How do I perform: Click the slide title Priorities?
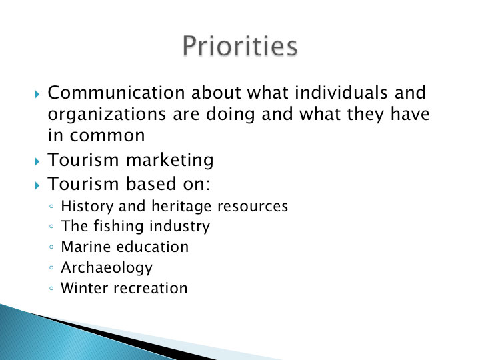240,46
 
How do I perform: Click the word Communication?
116,93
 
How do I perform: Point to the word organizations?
107,114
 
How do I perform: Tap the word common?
107,135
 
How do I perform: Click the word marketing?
169,160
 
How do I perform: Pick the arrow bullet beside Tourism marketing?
37,161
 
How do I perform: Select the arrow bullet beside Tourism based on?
37,185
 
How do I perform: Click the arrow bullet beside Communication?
37,94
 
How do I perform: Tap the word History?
87,206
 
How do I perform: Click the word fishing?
119,227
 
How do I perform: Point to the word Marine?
86,247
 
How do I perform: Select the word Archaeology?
107,268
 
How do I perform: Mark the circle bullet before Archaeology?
51,268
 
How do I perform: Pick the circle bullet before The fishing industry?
51,227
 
